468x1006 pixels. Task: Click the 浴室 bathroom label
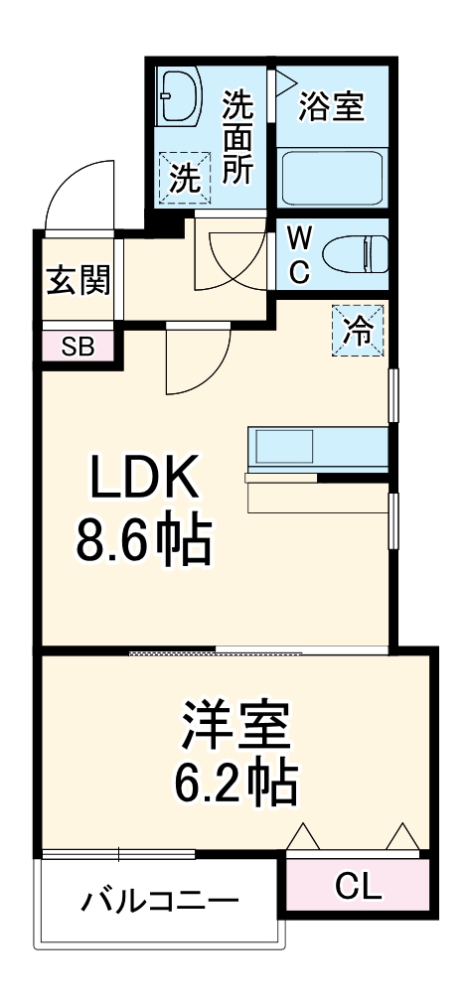tap(332, 106)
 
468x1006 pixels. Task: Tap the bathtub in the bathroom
tap(331, 177)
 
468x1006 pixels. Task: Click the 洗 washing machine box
tap(183, 178)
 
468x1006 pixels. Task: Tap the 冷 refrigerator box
tap(357, 329)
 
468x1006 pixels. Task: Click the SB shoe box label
tap(77, 347)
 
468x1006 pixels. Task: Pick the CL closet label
tap(358, 887)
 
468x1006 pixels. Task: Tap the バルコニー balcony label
tap(161, 902)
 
